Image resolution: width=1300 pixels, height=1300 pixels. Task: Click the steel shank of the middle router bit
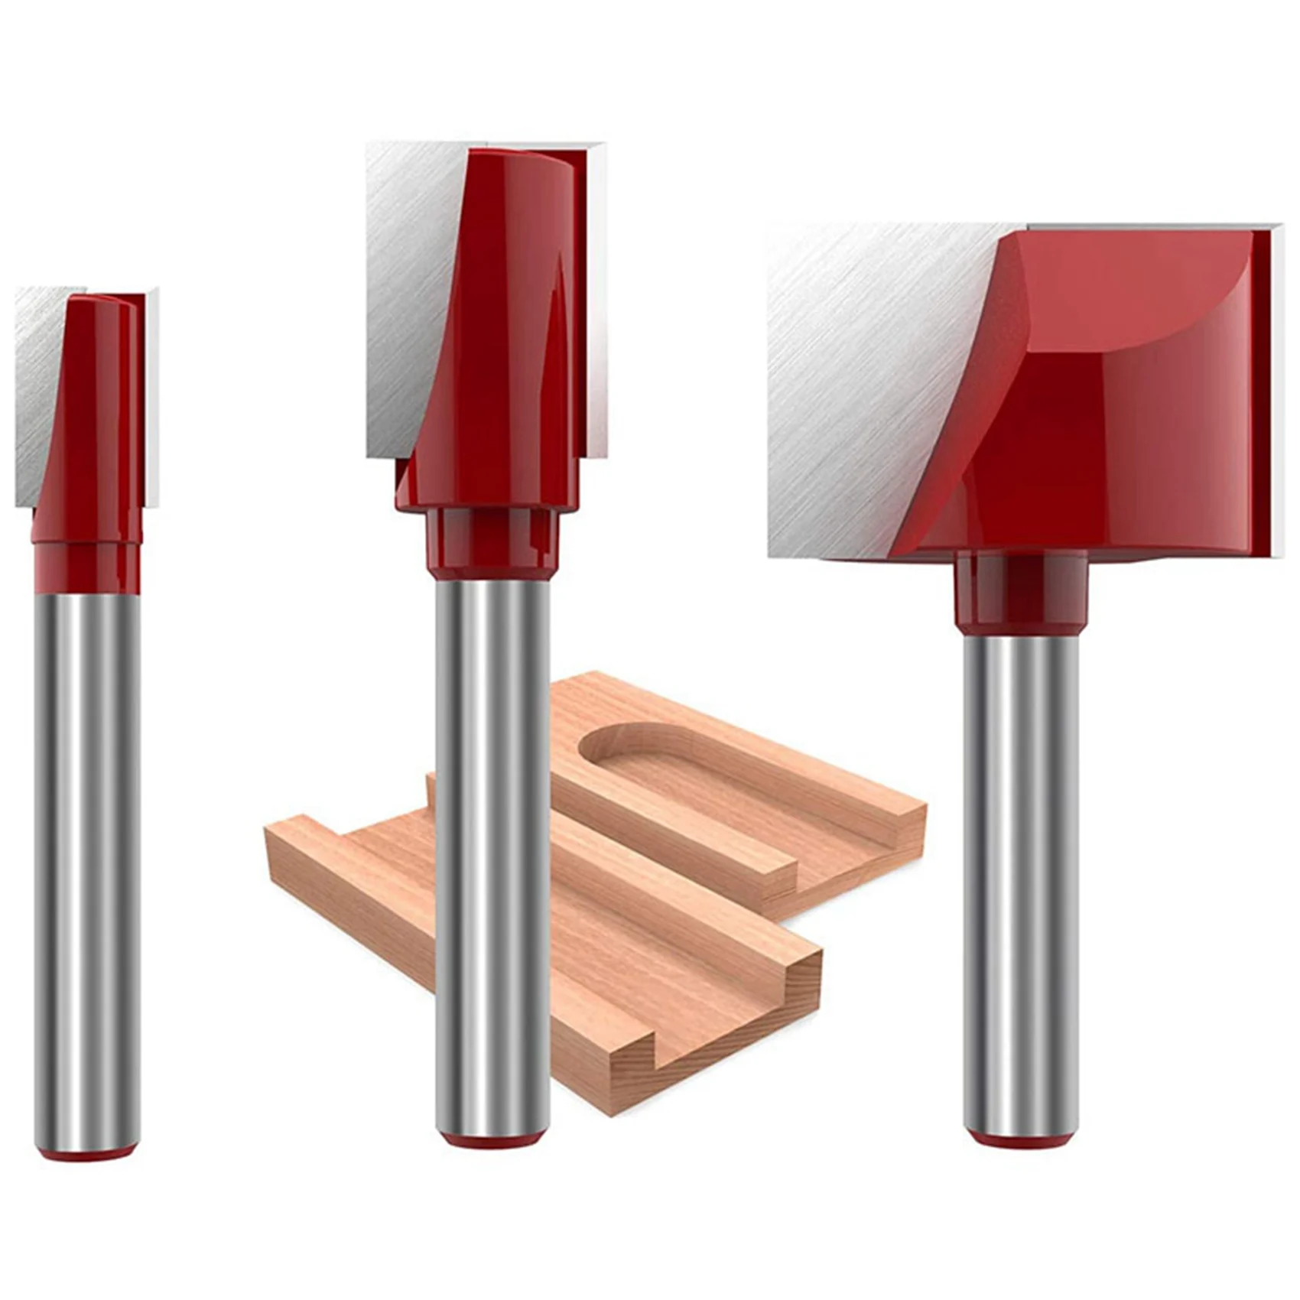pyautogui.click(x=492, y=856)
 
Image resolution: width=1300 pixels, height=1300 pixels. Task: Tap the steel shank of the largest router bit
pyautogui.click(x=1020, y=879)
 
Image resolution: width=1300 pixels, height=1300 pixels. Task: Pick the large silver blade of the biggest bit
pyautogui.click(x=864, y=382)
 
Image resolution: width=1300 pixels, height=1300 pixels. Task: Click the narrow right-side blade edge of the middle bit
pyautogui.click(x=597, y=306)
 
